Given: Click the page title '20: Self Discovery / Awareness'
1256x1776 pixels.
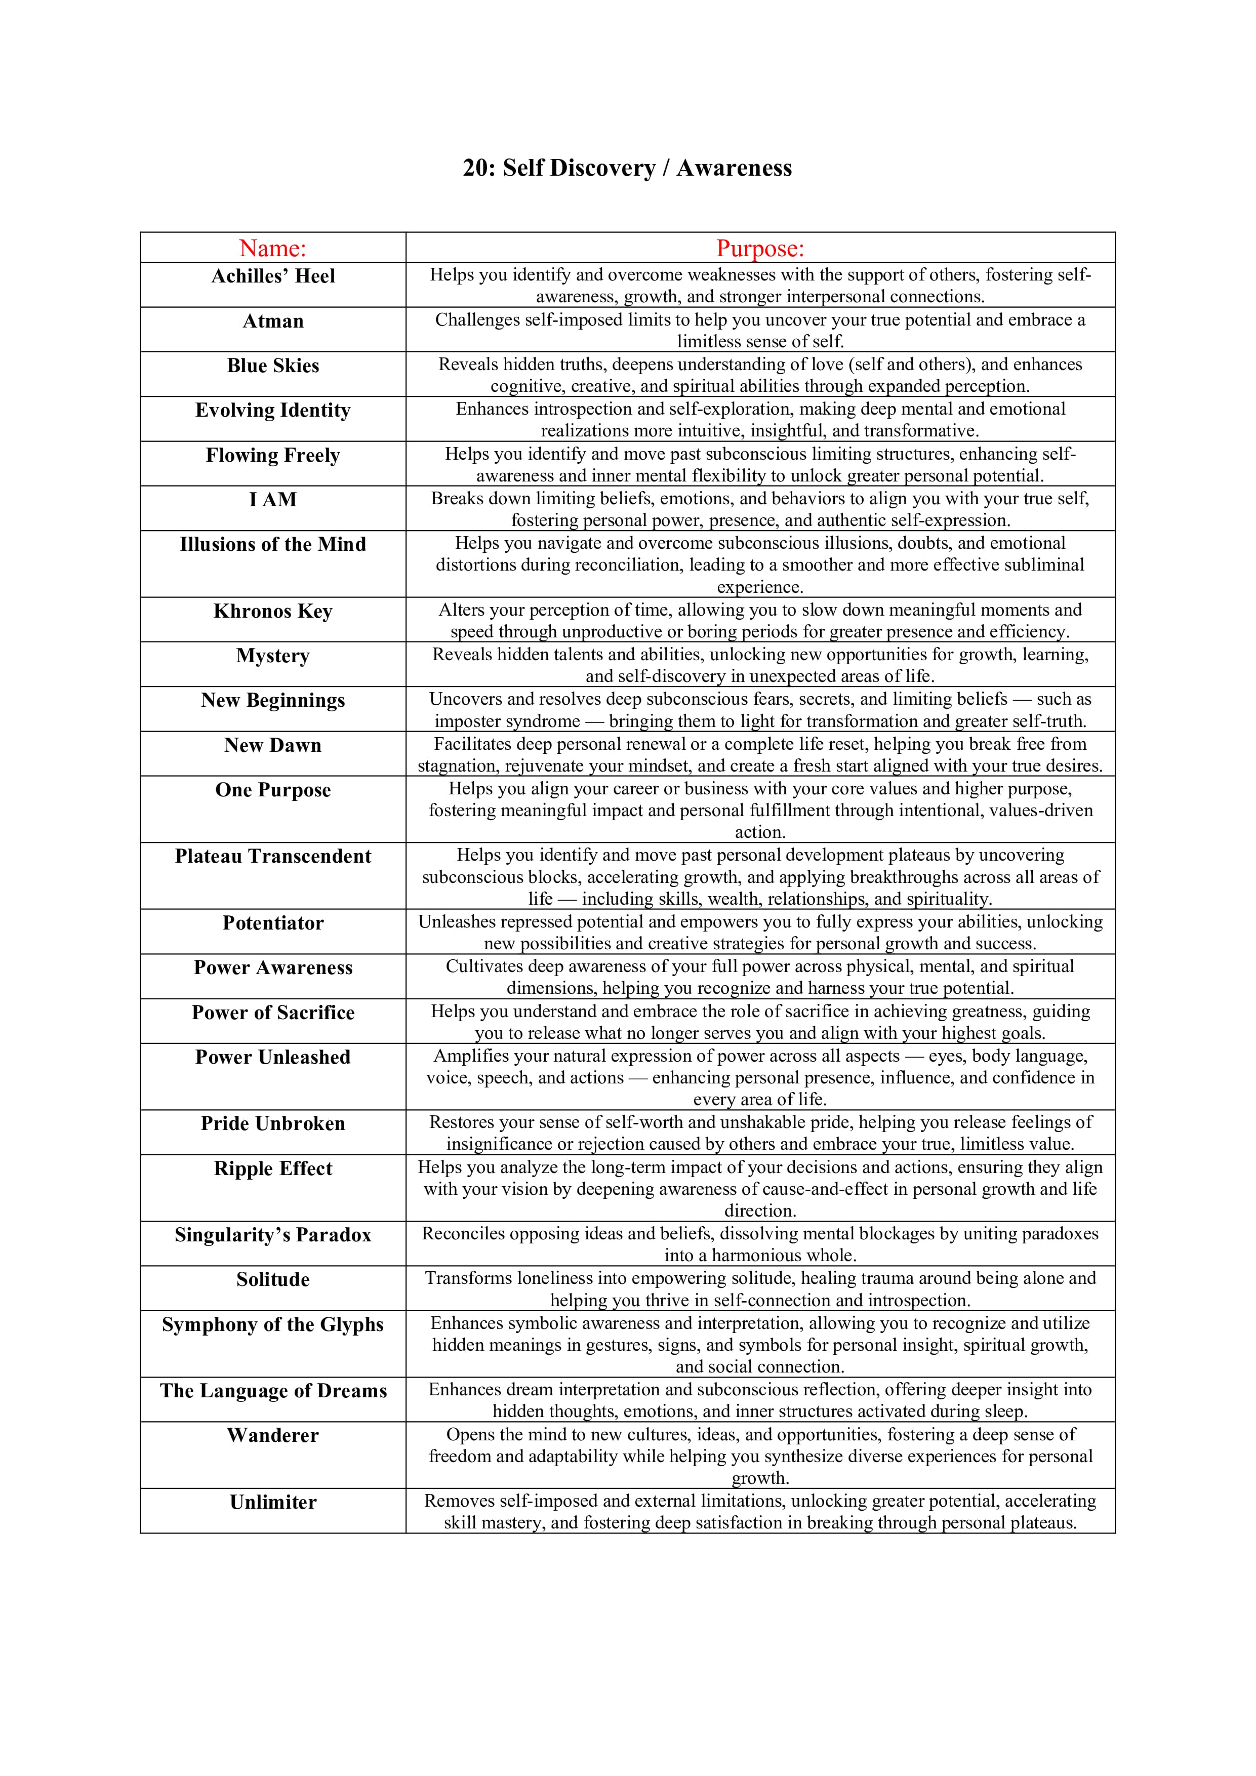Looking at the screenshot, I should (627, 168).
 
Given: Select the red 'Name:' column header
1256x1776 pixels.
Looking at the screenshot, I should (273, 248).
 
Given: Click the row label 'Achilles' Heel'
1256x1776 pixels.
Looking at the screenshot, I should (273, 276).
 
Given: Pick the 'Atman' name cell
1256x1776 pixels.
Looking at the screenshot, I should (273, 321).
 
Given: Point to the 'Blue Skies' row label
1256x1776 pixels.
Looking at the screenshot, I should (273, 366).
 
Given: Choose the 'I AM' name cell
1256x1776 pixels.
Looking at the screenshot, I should (273, 500).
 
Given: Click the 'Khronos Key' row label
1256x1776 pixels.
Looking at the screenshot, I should (273, 611).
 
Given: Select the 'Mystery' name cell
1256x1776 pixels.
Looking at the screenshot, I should (273, 656).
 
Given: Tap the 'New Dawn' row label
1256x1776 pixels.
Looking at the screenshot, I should (273, 745).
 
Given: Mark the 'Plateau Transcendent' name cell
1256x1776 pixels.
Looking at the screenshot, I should (273, 856).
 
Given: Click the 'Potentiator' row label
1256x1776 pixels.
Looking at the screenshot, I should (273, 923).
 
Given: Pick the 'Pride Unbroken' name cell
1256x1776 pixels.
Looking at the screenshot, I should (273, 1123).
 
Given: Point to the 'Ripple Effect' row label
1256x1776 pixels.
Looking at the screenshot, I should (273, 1168).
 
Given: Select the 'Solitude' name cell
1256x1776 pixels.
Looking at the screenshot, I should (273, 1279).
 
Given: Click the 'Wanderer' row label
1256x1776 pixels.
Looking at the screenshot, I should (273, 1436).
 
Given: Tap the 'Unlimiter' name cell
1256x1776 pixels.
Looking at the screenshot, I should (273, 1502).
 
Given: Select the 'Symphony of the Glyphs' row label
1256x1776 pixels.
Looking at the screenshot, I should (273, 1324).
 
